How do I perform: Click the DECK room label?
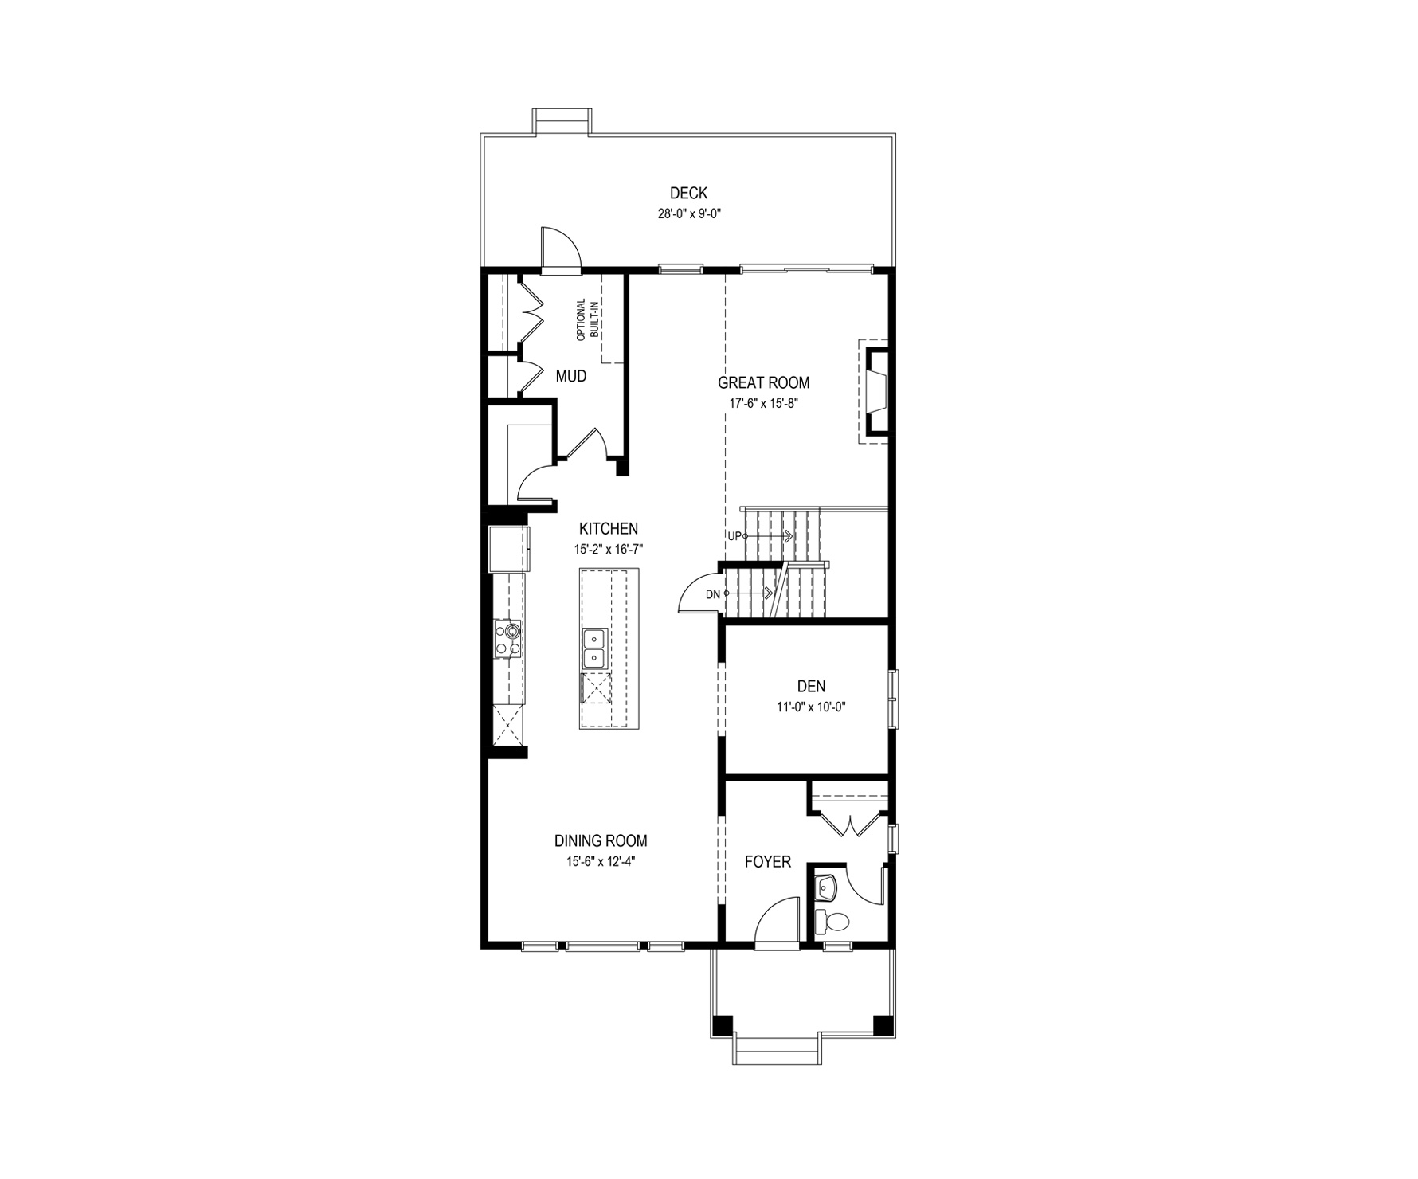(688, 193)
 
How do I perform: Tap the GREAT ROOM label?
(763, 382)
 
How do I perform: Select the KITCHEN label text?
(609, 528)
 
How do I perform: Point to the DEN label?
(811, 686)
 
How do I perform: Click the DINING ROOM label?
(601, 840)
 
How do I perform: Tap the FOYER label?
(768, 862)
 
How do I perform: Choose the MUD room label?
(571, 376)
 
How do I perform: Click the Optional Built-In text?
(586, 319)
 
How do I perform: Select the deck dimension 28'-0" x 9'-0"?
(688, 213)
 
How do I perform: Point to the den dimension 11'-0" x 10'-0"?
(811, 706)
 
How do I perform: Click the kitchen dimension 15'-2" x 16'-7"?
(609, 549)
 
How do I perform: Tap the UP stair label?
(734, 536)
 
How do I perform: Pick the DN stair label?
(713, 593)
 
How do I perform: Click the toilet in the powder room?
(832, 922)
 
